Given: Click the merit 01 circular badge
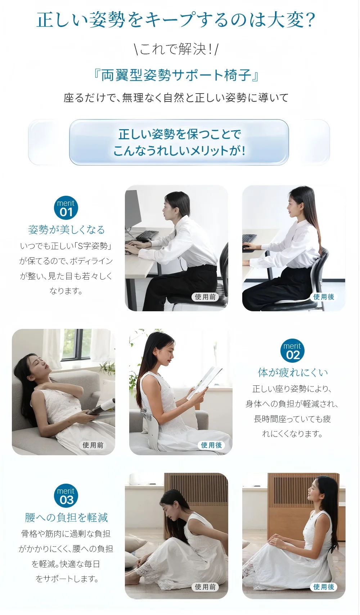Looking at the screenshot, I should [x=66, y=208].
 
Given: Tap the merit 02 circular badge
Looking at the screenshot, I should [x=292, y=351].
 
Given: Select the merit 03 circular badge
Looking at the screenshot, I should [x=66, y=496].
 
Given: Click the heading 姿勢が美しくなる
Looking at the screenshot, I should [x=66, y=230].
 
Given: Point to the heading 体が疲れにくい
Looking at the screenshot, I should [x=293, y=372].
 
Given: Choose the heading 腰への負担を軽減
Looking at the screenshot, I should [x=66, y=517].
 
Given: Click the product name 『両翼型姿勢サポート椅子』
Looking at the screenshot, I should [x=176, y=75].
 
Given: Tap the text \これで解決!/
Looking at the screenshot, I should [x=176, y=49].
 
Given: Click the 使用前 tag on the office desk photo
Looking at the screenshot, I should [x=205, y=297].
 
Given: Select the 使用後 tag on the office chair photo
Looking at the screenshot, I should [x=323, y=297].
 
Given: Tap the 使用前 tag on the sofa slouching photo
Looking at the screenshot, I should [x=93, y=445].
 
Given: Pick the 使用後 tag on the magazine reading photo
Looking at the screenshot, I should [x=211, y=445].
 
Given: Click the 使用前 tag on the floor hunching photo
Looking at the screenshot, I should [x=205, y=587].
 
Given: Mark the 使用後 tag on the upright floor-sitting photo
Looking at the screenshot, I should [x=323, y=587].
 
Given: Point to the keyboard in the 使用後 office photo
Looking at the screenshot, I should [x=249, y=238].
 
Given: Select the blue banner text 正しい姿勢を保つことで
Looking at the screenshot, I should [x=179, y=135].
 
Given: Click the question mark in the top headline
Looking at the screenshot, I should [x=310, y=20].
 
